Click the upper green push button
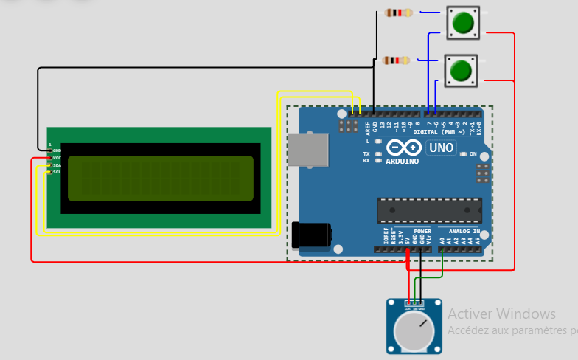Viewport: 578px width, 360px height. [463, 22]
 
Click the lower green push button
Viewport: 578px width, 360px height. [461, 71]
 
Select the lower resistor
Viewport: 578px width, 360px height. [396, 60]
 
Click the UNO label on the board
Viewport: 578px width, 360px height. [441, 148]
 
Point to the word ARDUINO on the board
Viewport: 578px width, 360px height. [402, 161]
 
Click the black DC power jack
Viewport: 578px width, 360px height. [310, 235]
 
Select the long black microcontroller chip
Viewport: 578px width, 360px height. [429, 210]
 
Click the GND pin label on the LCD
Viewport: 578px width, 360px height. [57, 150]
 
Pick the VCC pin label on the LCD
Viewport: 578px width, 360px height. [57, 158]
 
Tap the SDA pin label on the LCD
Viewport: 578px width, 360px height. [57, 165]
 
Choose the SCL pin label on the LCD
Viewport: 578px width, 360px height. [57, 172]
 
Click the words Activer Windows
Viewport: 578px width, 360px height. [501, 314]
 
